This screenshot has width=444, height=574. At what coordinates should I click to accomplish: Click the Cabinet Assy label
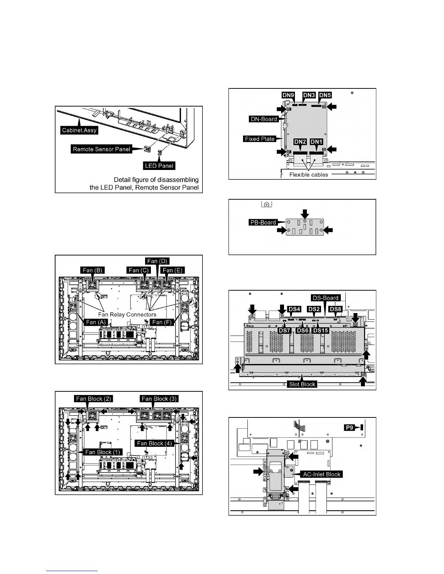coord(79,130)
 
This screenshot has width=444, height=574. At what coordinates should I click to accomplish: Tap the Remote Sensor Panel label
coord(102,149)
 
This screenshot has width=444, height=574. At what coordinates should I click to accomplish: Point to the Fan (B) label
coord(93,270)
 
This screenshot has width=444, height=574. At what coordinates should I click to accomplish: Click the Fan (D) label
coord(157,261)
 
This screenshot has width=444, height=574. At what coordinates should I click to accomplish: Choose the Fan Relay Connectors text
coord(127,314)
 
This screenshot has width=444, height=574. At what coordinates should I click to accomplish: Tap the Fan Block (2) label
coord(93,399)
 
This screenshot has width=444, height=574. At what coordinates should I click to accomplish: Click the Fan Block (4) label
coord(155,443)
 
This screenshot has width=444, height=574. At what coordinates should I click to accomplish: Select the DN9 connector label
coord(288,95)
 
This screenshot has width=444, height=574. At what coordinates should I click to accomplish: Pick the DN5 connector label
coord(325,95)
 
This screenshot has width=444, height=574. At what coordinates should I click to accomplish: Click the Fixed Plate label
coord(260,139)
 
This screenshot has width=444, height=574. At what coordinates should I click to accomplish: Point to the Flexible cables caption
coord(309,175)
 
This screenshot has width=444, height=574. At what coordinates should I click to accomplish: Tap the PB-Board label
coord(263,222)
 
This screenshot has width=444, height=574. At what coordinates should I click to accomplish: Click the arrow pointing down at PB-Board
coord(305,213)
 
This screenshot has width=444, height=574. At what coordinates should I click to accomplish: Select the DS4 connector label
coord(294,309)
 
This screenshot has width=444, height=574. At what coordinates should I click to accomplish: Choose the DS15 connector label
coord(321,330)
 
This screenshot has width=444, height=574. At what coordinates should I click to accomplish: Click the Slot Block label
coord(302,384)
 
